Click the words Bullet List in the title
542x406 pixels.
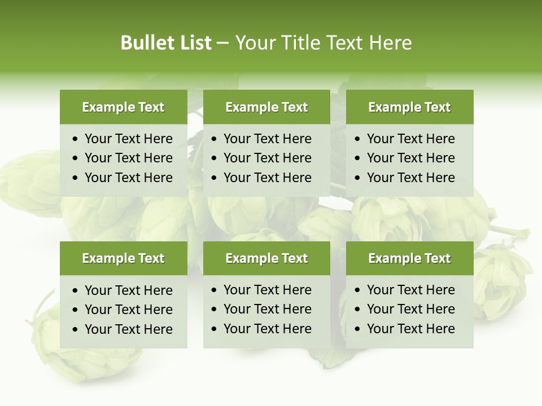click(165, 43)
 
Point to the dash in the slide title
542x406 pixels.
click(222, 43)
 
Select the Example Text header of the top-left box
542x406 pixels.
click(123, 107)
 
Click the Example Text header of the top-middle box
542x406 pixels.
click(266, 107)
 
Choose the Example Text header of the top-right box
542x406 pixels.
click(409, 107)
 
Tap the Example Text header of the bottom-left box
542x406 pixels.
click(123, 258)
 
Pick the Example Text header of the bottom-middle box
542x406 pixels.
click(266, 258)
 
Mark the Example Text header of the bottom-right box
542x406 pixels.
click(409, 258)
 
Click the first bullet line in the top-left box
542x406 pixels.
click(128, 139)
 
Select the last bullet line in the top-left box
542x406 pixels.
click(128, 178)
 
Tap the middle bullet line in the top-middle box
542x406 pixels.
click(267, 158)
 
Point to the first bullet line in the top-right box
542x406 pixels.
click(410, 139)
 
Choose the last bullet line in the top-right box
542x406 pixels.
click(410, 178)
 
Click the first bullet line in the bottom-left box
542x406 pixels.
click(128, 290)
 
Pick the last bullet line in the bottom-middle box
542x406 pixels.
click(267, 329)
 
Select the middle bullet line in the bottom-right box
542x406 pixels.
click(410, 309)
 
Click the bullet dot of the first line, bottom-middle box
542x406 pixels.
click(215, 290)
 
